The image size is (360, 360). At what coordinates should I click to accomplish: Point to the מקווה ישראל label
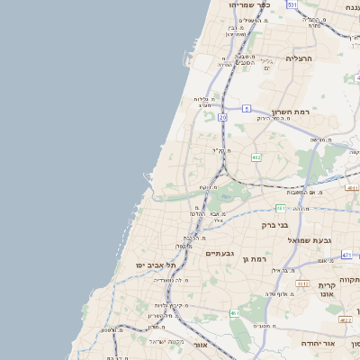[x=166, y=340]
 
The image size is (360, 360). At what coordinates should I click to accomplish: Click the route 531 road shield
[x=292, y=4]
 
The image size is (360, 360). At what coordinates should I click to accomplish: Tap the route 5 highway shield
[x=247, y=108]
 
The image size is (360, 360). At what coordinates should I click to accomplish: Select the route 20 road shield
[x=222, y=117]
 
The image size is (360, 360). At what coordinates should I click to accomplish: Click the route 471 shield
[x=346, y=255]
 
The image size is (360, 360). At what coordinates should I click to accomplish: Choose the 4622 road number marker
[x=345, y=319]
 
